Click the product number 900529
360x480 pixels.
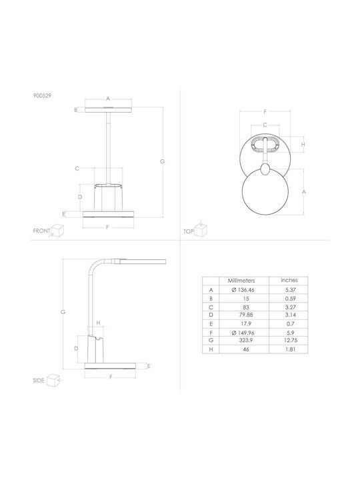tap(42, 95)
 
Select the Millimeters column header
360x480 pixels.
tap(241, 281)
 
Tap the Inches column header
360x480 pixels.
tap(289, 280)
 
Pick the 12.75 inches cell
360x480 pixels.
tap(290, 340)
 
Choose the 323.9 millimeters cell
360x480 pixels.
tap(246, 340)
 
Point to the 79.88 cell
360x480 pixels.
tap(246, 315)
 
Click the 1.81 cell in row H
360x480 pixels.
tap(290, 349)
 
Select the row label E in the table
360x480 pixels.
tap(211, 324)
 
